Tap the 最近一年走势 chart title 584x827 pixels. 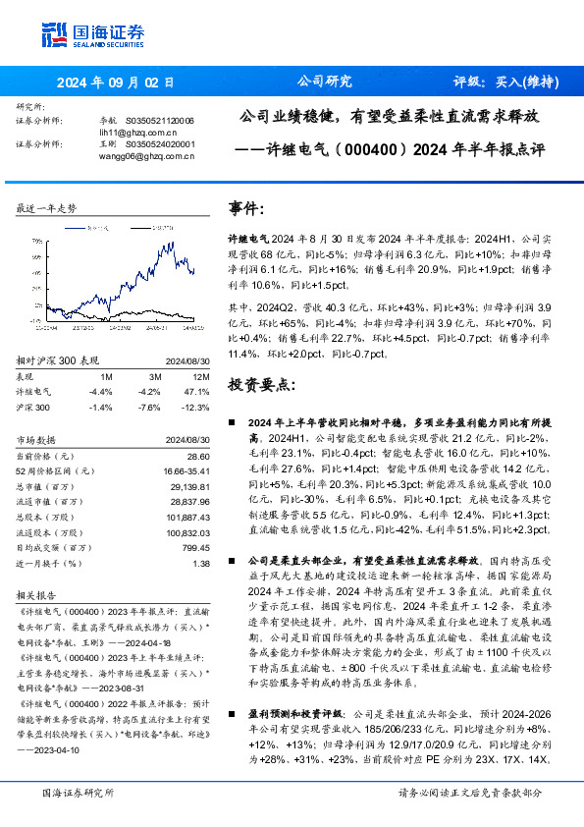(47, 208)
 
